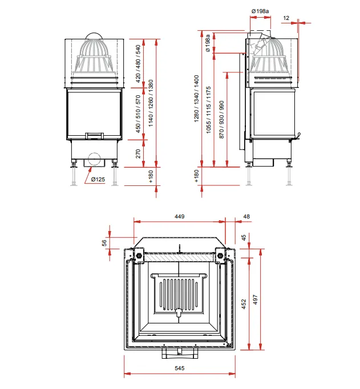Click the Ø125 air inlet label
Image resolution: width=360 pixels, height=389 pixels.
point(98,179)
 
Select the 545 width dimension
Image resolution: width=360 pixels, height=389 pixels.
point(179,368)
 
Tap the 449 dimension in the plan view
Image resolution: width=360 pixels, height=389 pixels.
point(179,217)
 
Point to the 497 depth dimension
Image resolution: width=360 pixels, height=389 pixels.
point(255,299)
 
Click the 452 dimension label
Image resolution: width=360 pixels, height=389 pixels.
point(244,304)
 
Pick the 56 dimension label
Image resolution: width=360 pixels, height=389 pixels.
point(105,243)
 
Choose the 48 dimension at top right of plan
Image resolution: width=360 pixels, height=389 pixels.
point(246,217)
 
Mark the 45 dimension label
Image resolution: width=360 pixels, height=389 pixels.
point(244,237)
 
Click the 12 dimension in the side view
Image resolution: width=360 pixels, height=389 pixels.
point(286,18)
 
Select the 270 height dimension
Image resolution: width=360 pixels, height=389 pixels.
point(138,153)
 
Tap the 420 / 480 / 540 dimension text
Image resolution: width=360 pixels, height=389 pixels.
point(138,63)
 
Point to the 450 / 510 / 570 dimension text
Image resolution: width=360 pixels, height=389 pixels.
point(138,114)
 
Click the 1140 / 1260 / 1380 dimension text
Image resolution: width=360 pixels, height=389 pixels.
point(151,103)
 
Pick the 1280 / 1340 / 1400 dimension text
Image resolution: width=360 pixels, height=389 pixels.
point(196,99)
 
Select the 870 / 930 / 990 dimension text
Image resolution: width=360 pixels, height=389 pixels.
point(221,119)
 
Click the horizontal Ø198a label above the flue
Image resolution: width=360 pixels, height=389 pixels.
point(260,11)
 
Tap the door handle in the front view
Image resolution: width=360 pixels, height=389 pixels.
point(94,136)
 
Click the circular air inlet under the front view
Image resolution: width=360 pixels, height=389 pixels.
point(94,159)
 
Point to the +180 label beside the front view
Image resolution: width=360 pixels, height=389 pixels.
point(151,176)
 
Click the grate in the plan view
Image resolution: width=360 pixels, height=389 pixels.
point(179,294)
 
